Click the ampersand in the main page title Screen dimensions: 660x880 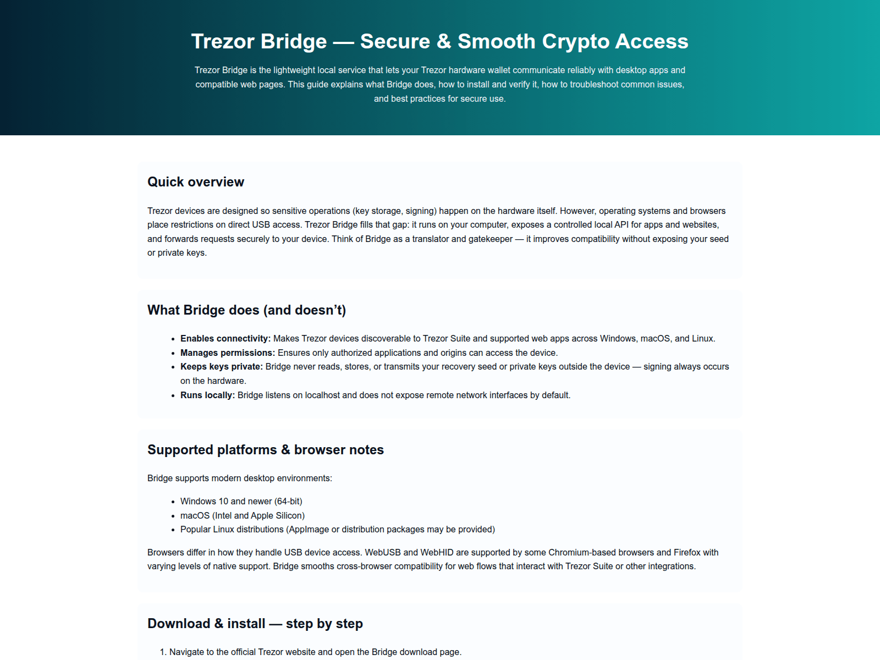[444, 42]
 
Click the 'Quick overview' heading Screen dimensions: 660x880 [196, 182]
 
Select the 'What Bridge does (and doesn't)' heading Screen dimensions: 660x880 [246, 310]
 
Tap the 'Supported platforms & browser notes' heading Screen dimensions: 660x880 [266, 450]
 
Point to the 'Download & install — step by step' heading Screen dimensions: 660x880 [255, 624]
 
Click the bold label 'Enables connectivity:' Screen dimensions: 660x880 [226, 339]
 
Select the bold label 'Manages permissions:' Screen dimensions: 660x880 [228, 353]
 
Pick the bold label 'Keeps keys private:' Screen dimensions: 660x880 [222, 367]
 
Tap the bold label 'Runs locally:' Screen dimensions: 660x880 [207, 395]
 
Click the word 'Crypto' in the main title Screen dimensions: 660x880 [575, 42]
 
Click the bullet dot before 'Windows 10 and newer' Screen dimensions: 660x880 [173, 502]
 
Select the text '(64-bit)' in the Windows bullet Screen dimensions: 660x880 [288, 502]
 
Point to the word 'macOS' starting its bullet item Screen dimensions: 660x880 [195, 516]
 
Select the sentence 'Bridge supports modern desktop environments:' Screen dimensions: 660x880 [240, 479]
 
